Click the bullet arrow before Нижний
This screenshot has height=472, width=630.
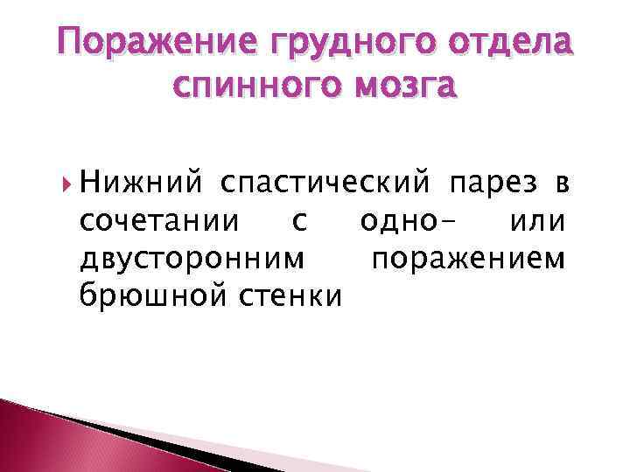tap(67, 184)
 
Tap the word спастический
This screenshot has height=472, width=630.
tap(325, 185)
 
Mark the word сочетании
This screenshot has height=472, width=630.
tap(156, 223)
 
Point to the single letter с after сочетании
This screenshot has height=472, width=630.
tap(300, 224)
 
